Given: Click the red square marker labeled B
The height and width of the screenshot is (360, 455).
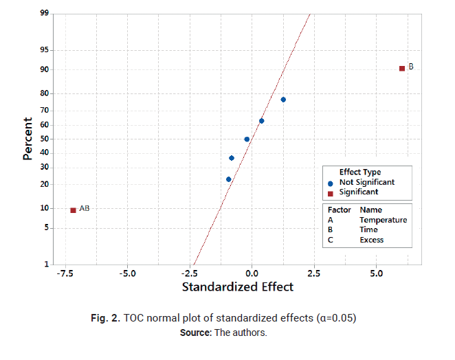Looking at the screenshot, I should (402, 68).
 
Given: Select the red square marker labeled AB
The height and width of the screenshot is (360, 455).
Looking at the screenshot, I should (73, 210).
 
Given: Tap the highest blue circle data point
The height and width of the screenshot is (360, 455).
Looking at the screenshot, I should (283, 100).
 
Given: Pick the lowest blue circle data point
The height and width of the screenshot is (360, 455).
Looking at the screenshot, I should (229, 179).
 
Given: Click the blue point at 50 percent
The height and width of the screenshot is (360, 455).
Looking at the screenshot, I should (247, 139).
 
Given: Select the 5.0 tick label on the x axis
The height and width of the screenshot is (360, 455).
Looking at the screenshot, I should (376, 273).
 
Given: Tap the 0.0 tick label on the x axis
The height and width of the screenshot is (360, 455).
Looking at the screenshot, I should (252, 273).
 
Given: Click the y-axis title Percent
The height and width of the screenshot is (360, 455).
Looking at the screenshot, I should (28, 139).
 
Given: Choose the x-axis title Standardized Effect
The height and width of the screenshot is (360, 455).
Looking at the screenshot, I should (237, 287).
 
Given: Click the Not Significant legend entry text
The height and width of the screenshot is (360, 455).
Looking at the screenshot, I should (367, 182).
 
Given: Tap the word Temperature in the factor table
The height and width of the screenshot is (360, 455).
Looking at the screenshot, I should (383, 220).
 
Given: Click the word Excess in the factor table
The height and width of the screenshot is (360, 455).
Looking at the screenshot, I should (372, 240).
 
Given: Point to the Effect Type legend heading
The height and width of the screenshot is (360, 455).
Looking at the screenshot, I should (360, 172).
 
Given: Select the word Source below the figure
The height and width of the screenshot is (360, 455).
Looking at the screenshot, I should (195, 333).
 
